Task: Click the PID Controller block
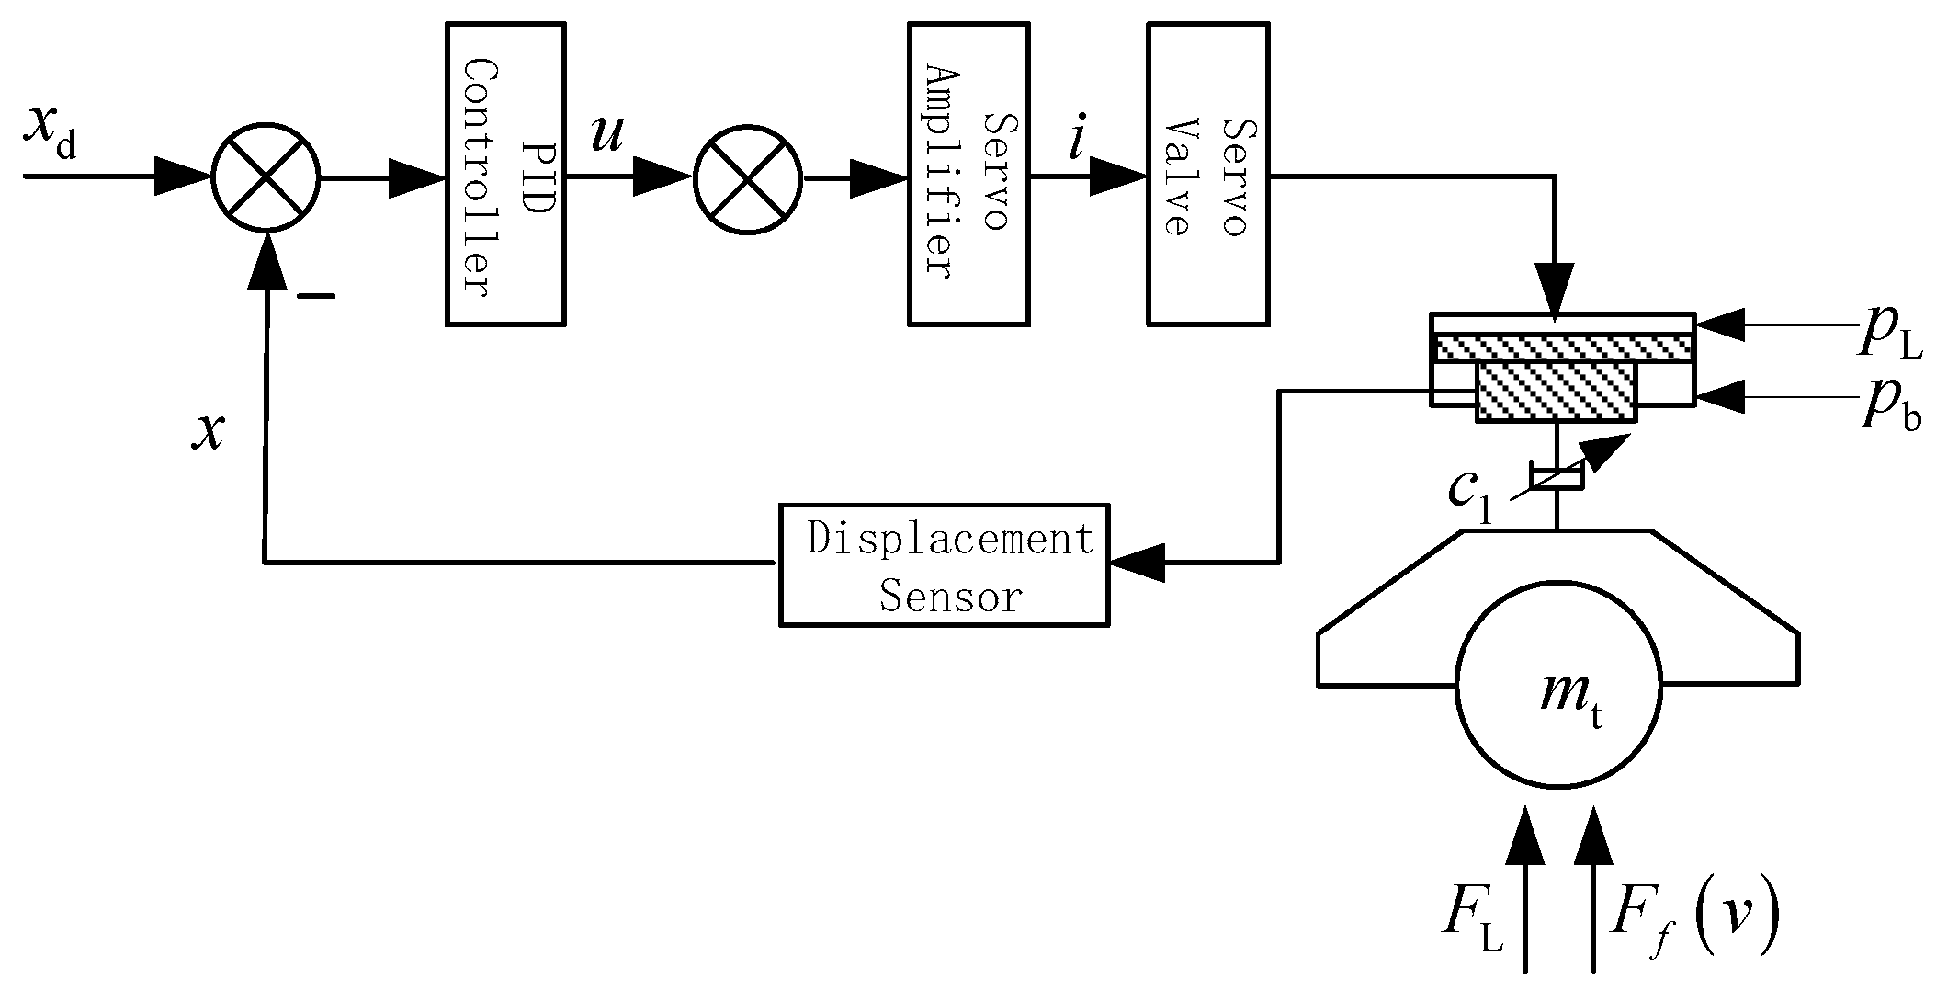point(504,174)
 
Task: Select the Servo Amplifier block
point(968,174)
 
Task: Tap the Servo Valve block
point(1207,174)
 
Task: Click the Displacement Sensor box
point(944,564)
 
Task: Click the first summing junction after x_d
point(266,177)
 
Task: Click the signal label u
point(606,135)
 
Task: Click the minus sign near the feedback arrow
point(315,296)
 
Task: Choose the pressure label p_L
point(1888,335)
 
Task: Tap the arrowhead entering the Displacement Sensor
point(1137,562)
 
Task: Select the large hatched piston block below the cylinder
point(1556,392)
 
